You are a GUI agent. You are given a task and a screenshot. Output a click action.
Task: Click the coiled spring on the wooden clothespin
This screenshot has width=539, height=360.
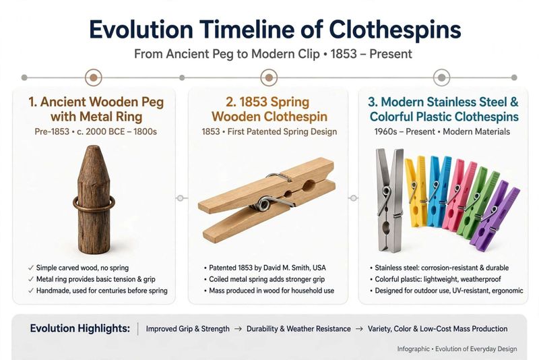[x=264, y=203]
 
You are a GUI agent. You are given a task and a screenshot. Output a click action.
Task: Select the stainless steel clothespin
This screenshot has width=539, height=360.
[x=390, y=200]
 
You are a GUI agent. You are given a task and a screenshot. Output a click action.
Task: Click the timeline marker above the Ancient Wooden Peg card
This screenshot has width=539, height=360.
[x=94, y=78]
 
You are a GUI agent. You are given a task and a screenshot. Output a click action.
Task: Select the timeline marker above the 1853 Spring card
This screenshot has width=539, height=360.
[x=269, y=78]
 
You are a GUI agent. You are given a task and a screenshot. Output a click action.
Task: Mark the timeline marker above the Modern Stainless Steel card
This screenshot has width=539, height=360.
[x=441, y=78]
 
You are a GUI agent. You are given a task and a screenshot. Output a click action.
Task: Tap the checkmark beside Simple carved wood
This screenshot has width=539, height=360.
[x=31, y=268]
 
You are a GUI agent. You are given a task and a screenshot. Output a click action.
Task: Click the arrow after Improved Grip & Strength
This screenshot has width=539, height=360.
[x=238, y=329]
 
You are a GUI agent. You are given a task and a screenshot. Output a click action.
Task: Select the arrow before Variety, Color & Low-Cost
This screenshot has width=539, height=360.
[x=359, y=329]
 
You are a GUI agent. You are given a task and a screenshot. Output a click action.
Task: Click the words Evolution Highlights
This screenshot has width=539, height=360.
[x=80, y=328]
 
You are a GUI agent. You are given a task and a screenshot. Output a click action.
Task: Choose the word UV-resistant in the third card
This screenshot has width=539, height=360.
[x=470, y=291]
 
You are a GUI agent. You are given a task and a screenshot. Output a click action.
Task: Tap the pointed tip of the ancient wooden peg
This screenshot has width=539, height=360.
[x=93, y=146]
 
